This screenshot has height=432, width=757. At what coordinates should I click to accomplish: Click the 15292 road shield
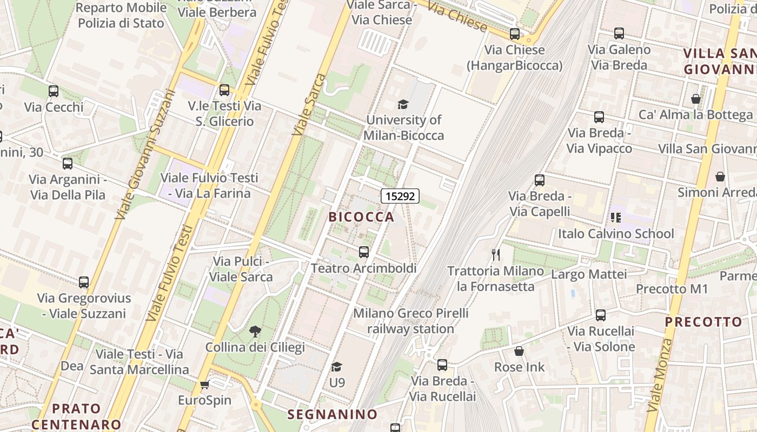400,196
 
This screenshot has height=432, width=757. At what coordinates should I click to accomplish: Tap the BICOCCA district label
362,217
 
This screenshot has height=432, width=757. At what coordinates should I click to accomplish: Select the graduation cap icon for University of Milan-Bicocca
403,104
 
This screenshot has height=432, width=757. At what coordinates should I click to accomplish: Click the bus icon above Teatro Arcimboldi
364,252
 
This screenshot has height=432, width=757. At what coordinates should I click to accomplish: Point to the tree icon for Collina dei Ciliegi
255,331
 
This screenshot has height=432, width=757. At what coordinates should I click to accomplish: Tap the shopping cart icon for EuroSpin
204,384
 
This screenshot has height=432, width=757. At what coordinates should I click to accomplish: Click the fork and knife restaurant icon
495,254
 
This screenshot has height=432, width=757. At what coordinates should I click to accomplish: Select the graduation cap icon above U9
336,367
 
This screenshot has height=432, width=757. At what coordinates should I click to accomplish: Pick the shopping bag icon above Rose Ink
519,352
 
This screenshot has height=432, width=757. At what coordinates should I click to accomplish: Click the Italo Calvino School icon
615,218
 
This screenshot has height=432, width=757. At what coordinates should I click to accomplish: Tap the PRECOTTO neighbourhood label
703,322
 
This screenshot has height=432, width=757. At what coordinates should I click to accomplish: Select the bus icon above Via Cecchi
54,91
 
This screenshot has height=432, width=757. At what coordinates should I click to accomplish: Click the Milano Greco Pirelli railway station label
411,321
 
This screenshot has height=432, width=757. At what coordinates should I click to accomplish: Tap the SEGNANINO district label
333,414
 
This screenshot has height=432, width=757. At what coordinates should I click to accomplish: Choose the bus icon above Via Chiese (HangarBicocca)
515,34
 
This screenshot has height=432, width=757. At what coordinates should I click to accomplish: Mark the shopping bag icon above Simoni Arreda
720,177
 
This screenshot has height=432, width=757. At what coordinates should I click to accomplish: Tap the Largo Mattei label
589,274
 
